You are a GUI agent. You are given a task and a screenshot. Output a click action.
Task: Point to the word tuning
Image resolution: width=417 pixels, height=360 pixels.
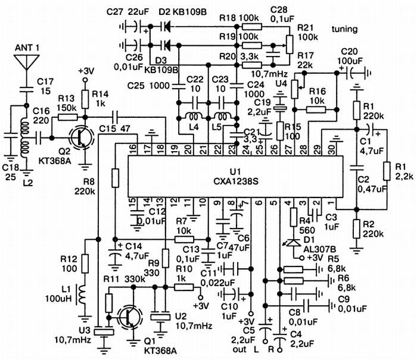point(345,28)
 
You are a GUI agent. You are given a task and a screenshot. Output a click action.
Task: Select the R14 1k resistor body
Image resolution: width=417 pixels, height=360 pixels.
point(85,97)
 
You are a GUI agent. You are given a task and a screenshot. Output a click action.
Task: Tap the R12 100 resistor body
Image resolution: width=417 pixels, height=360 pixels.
point(85,262)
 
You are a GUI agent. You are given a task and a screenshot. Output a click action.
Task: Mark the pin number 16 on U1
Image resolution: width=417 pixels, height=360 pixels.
point(133,148)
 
